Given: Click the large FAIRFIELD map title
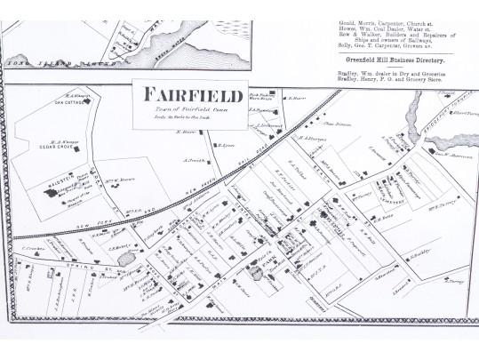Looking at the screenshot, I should click(182, 94).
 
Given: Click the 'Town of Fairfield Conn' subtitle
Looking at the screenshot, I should click(182, 108).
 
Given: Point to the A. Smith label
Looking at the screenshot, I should click(196, 160).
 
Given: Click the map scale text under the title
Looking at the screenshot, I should click(182, 116).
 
